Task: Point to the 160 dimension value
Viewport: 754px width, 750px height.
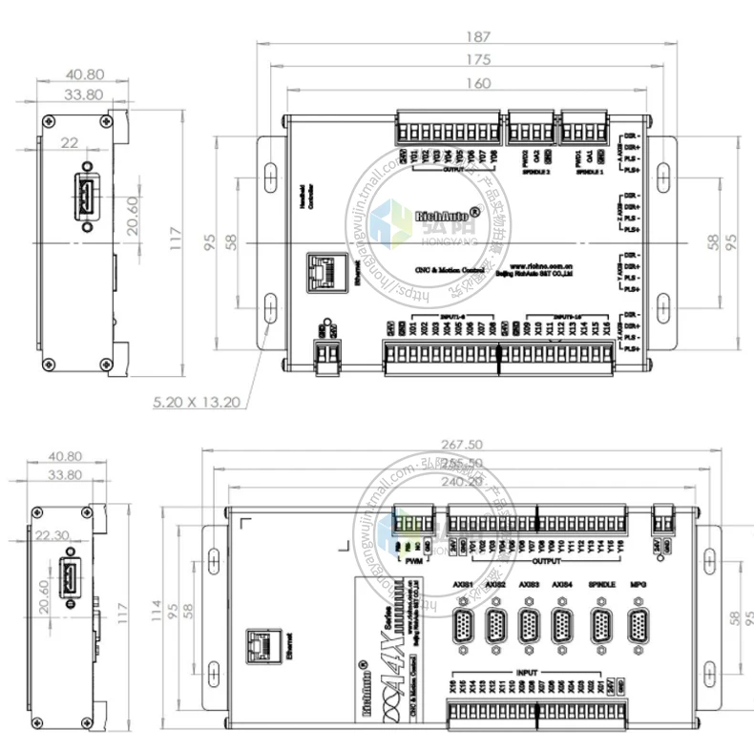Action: pos(480,83)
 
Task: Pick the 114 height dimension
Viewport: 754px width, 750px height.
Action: pos(156,615)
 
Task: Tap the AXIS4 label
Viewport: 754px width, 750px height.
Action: pos(563,583)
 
